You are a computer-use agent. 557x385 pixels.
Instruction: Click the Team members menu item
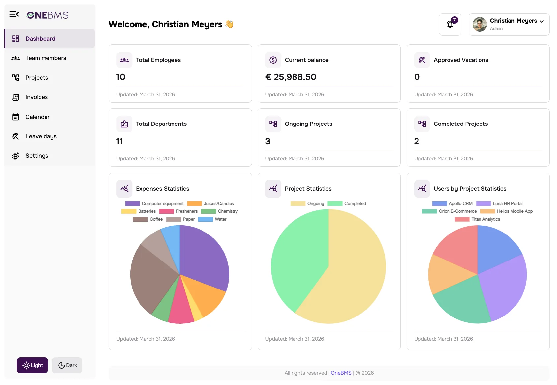(x=46, y=58)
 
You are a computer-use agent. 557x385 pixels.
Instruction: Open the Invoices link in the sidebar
(x=36, y=97)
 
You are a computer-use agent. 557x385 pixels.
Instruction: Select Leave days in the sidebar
(x=41, y=136)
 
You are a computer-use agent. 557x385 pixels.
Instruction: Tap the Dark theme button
(x=67, y=365)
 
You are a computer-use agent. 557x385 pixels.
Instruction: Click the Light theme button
(x=32, y=365)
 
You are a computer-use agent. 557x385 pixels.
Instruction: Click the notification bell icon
(x=450, y=24)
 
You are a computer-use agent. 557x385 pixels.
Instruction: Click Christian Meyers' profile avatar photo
(x=480, y=24)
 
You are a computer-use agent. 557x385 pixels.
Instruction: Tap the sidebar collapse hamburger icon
(x=14, y=14)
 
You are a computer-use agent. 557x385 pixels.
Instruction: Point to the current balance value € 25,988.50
(x=291, y=77)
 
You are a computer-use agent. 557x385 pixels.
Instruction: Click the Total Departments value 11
(x=119, y=141)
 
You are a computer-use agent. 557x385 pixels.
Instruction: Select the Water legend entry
(x=212, y=219)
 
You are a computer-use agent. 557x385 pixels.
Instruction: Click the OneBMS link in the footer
(x=341, y=373)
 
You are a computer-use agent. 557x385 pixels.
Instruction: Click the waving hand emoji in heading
(x=229, y=24)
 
